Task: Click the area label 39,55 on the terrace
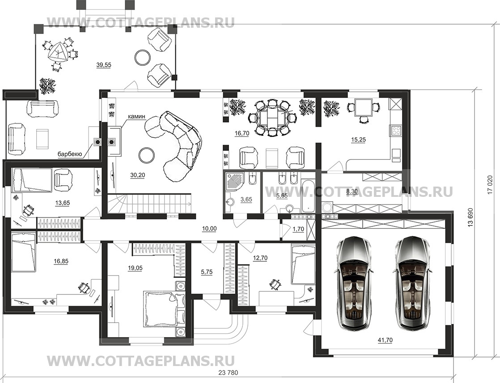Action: (104, 65)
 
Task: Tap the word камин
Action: (137, 117)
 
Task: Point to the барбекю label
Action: (70, 154)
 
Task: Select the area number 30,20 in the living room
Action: (137, 175)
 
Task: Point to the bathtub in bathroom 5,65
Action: (308, 195)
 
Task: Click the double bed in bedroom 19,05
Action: (161, 308)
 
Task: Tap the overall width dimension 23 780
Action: (229, 372)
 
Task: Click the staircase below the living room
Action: (149, 204)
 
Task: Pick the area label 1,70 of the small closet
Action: (298, 229)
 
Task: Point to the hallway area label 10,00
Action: (209, 228)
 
